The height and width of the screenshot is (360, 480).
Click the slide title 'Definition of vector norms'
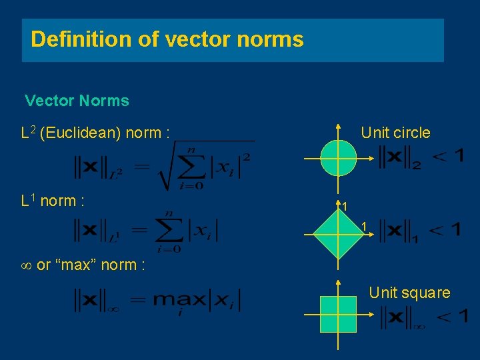click(x=167, y=39)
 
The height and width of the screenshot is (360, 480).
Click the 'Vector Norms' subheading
click(x=77, y=101)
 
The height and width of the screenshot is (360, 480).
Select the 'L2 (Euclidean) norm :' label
click(x=96, y=133)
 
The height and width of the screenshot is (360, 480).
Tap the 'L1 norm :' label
click(x=53, y=201)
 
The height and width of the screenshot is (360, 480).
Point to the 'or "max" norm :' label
click(x=90, y=265)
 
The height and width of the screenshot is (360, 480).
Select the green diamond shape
click(x=339, y=235)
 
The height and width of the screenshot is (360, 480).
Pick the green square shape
click(x=339, y=315)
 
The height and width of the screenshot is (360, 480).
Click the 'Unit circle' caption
click(x=395, y=133)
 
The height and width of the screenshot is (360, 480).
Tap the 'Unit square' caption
click(x=409, y=293)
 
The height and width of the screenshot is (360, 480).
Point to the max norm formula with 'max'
click(x=157, y=301)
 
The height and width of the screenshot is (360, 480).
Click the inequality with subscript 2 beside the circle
click(x=421, y=157)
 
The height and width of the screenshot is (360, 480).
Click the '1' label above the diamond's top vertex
click(x=344, y=207)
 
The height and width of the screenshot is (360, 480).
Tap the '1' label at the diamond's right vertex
click(x=364, y=227)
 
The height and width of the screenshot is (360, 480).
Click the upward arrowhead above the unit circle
click(x=339, y=127)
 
